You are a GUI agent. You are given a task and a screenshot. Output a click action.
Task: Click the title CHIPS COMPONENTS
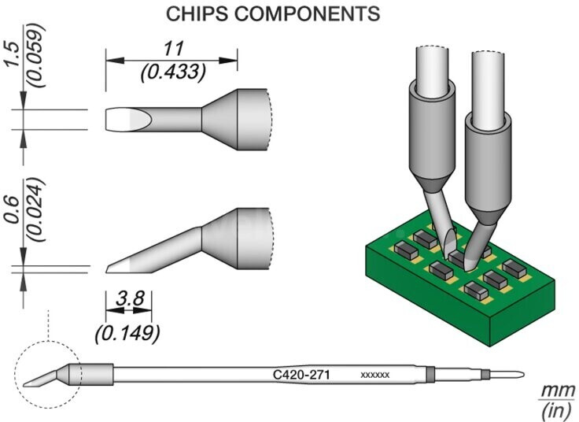273,14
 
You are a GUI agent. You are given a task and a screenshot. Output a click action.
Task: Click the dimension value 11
173,49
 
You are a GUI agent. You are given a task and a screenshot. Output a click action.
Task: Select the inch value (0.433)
172,72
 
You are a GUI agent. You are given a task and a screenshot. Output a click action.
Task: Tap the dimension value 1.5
12,54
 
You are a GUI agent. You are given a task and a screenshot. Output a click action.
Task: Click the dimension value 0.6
12,210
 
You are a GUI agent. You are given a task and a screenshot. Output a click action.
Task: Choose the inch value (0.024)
36,210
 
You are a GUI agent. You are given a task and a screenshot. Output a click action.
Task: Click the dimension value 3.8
129,298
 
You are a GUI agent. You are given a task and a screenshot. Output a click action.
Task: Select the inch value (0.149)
127,334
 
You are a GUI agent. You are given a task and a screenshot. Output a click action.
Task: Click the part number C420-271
301,375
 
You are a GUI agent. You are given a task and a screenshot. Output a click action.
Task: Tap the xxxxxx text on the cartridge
374,375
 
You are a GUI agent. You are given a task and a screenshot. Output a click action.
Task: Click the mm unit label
558,391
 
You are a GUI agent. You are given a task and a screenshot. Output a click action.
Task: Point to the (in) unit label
558,410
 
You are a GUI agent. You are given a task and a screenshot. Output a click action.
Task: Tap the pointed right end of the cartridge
523,374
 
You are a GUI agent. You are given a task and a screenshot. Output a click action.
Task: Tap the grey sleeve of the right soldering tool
489,166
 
